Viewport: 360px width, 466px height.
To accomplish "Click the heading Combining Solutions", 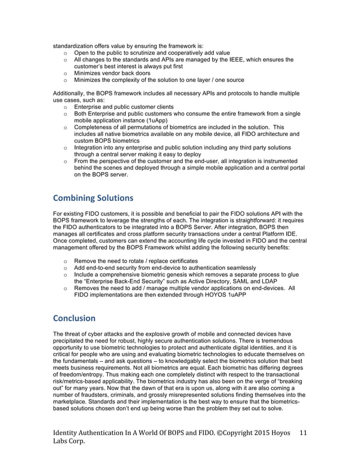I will point(93,198).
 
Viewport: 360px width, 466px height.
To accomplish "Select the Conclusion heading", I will point(74,318).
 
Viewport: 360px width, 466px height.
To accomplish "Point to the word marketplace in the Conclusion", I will point(72,402).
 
